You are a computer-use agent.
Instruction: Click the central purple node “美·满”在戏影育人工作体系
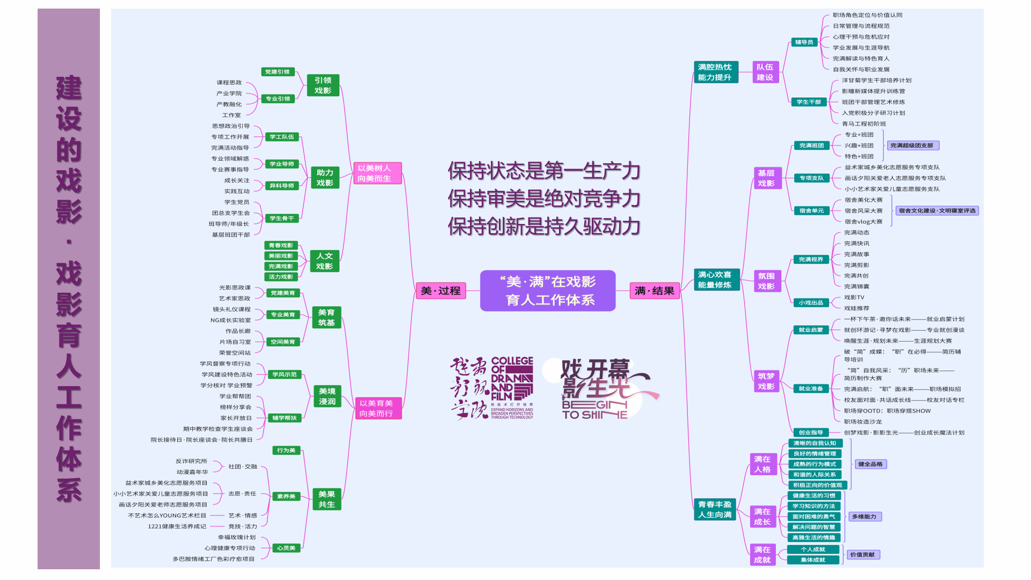pyautogui.click(x=548, y=291)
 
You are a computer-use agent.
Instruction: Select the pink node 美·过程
pyautogui.click(x=440, y=291)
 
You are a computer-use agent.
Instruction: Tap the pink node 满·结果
pyautogui.click(x=654, y=291)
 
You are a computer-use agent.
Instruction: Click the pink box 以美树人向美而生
pyautogui.click(x=376, y=173)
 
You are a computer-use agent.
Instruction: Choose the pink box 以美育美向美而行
pyautogui.click(x=377, y=408)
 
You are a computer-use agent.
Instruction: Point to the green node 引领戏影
pyautogui.click(x=323, y=85)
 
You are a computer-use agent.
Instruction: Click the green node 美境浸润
pyautogui.click(x=327, y=396)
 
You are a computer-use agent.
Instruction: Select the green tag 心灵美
pyautogui.click(x=286, y=548)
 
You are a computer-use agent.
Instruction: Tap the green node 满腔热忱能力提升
pyautogui.click(x=715, y=72)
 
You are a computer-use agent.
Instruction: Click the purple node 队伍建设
pyautogui.click(x=765, y=72)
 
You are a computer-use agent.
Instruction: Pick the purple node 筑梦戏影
pyautogui.click(x=766, y=381)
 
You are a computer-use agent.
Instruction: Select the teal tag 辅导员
pyautogui.click(x=804, y=42)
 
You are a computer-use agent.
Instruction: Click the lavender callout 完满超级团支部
pyautogui.click(x=911, y=146)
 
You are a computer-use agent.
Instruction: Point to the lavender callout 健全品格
pyautogui.click(x=870, y=464)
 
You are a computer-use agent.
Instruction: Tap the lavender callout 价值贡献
pyautogui.click(x=862, y=555)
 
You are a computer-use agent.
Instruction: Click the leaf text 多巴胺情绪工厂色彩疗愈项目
pyautogui.click(x=213, y=559)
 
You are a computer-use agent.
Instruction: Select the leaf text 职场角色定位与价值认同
pyautogui.click(x=867, y=15)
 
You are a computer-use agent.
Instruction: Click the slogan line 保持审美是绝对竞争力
pyautogui.click(x=544, y=199)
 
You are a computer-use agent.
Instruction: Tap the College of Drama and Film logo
pyautogui.click(x=492, y=388)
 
